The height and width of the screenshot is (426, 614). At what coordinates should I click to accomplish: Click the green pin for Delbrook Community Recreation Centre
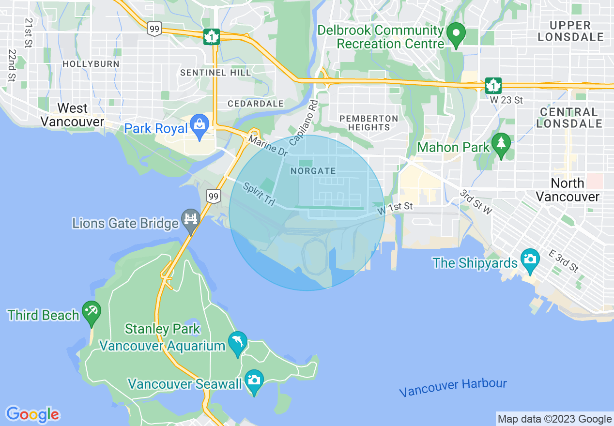(x=456, y=34)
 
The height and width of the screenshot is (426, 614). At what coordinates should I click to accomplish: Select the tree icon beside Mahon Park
(x=501, y=144)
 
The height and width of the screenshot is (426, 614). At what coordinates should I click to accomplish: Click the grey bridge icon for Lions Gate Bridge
(x=190, y=220)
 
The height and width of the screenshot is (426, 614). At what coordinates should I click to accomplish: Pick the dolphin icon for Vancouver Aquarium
(x=237, y=343)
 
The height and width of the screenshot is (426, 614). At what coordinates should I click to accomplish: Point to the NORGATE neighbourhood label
(x=313, y=171)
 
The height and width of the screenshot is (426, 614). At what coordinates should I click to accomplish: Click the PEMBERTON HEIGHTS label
(x=368, y=123)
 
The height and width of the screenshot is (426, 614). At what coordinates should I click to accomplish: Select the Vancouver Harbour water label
(x=453, y=387)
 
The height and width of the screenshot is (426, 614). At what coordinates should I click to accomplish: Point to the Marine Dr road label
(x=268, y=146)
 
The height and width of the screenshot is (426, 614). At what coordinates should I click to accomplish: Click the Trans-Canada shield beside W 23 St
(x=493, y=86)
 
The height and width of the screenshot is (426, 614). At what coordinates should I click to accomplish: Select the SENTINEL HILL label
(x=215, y=73)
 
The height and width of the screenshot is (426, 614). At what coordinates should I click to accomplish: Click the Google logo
(x=32, y=414)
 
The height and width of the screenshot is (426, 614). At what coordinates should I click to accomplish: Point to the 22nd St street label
(x=12, y=65)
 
